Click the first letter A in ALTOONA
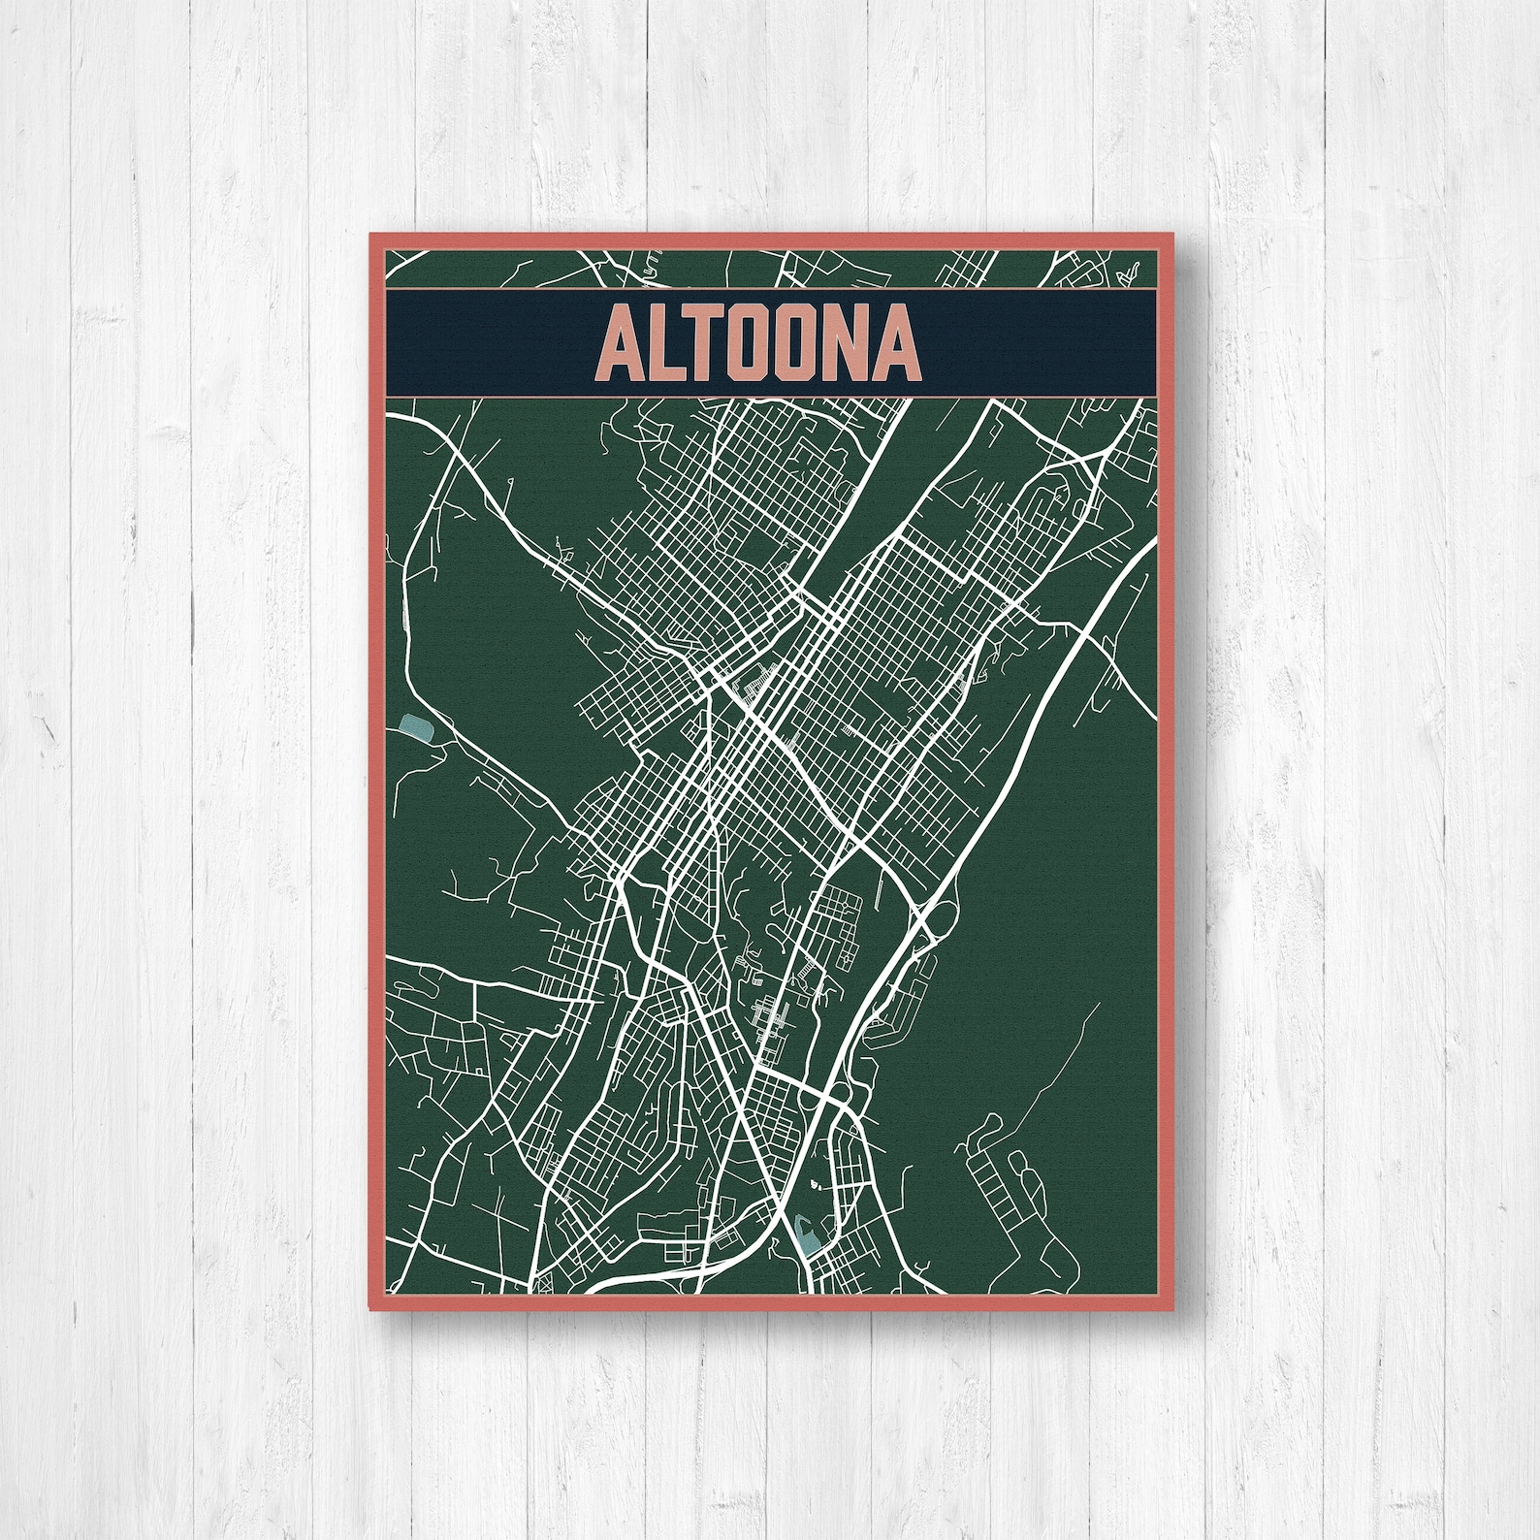click(x=623, y=346)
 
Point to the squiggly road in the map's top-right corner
click(x=1125, y=271)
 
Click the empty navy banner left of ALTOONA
click(x=485, y=346)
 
